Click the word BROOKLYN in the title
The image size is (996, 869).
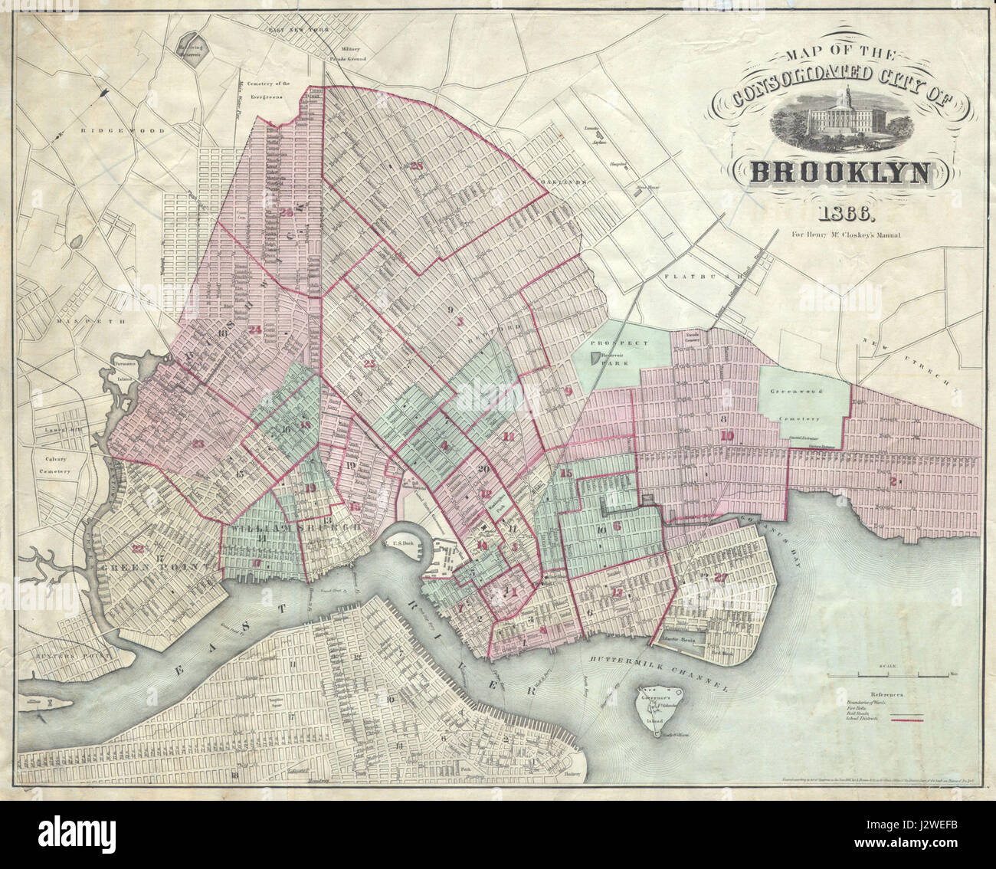[x=841, y=172]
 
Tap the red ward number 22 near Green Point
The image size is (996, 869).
[x=137, y=547]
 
